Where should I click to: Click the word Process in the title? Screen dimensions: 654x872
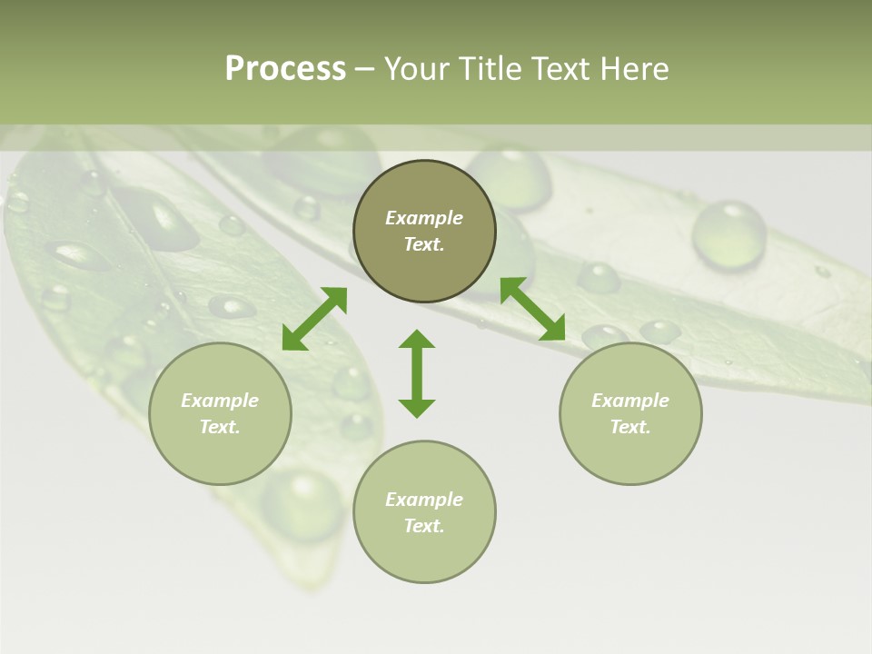point(285,69)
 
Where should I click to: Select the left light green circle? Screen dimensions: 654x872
point(220,454)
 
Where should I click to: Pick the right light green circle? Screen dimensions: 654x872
point(630,454)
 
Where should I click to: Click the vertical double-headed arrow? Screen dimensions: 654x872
point(417,373)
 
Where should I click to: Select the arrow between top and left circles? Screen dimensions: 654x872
point(314,319)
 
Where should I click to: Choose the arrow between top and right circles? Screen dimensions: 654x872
point(532,309)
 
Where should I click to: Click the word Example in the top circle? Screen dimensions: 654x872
point(424,218)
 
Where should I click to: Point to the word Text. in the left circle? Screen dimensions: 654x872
point(220,427)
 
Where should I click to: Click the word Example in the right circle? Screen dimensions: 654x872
point(630,401)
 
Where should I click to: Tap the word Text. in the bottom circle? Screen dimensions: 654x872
point(424,526)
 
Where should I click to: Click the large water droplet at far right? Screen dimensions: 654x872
point(728,234)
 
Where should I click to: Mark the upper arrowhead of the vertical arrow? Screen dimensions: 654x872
point(417,341)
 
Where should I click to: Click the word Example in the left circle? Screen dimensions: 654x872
point(220,401)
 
